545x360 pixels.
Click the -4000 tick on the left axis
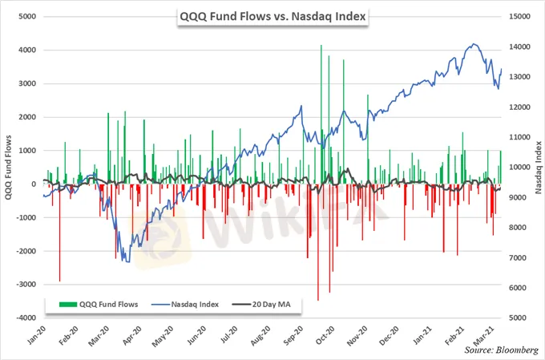pyautogui.click(x=23, y=318)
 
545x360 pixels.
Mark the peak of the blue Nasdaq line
pyautogui.click(x=475, y=44)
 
